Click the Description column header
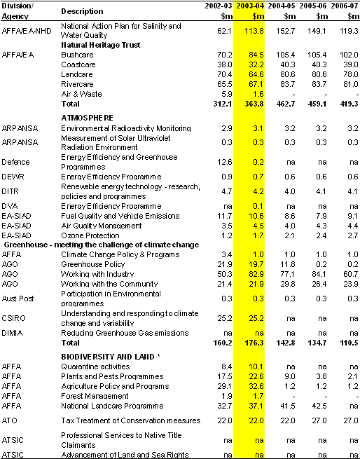tap(82, 11)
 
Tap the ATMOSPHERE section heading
tap(87, 118)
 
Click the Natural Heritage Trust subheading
tap(100, 45)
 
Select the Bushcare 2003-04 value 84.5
tap(256, 55)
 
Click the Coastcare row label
tap(78, 64)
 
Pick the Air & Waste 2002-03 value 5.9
tap(227, 94)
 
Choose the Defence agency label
tap(15, 162)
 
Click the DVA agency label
tap(10, 206)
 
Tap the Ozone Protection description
tap(90, 235)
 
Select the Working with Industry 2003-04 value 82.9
tap(256, 274)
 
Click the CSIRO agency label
tap(13, 318)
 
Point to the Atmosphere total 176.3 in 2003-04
tap(254, 343)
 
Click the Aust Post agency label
tap(18, 299)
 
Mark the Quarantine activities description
tap(95, 366)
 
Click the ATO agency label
tap(9, 420)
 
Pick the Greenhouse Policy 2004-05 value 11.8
tap(287, 264)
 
